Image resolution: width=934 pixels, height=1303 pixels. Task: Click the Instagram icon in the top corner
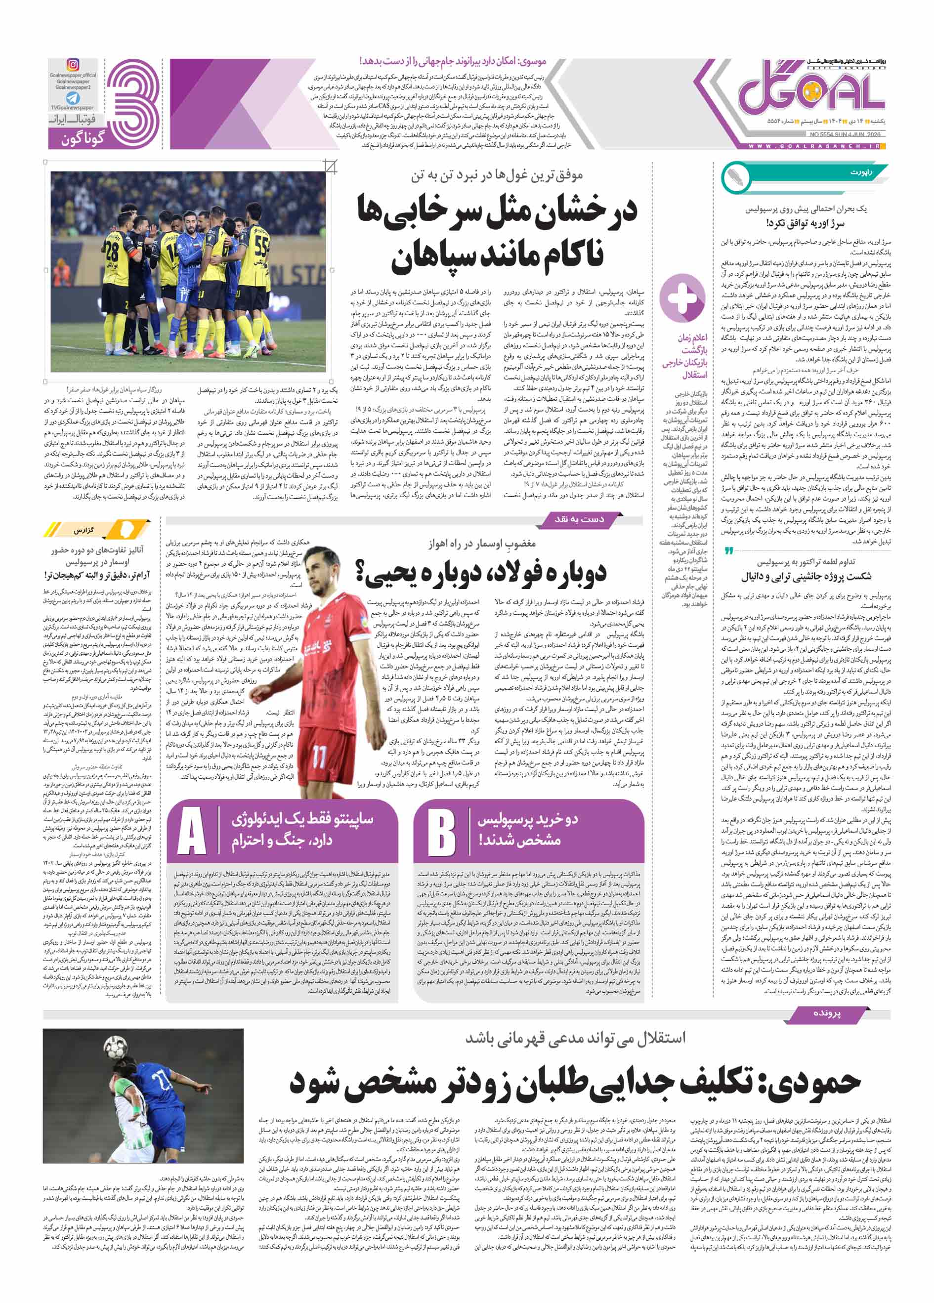coord(73,64)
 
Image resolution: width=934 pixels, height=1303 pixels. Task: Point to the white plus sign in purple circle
coord(682,298)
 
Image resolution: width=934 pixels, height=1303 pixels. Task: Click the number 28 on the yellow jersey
coord(111,252)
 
